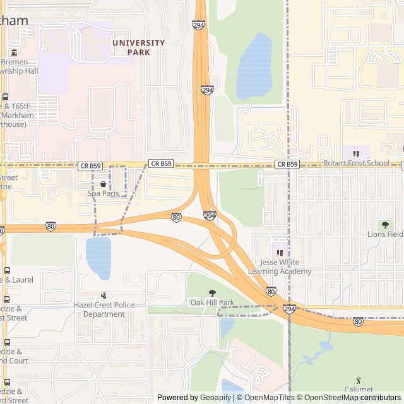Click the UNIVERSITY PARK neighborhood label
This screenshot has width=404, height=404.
tap(138, 47)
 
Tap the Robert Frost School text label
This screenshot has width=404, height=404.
tap(357, 163)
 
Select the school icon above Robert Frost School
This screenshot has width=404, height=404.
tap(356, 153)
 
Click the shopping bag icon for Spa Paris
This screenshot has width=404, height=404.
tap(103, 184)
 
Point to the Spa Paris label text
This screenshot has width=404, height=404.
tap(103, 193)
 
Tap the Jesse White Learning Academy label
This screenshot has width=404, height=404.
tap(280, 266)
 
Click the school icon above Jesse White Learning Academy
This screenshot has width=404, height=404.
tap(280, 252)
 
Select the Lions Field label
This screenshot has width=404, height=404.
tap(385, 234)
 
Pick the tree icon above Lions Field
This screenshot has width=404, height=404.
tap(385, 225)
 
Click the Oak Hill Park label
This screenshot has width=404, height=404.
tap(212, 302)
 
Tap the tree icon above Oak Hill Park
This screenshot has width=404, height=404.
tap(212, 293)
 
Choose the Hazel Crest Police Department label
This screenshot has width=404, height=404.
tap(104, 309)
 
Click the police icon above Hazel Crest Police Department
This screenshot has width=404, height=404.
tap(104, 295)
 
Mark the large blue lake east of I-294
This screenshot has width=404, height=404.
tap(254, 66)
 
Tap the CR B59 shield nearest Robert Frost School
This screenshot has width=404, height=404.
tap(287, 164)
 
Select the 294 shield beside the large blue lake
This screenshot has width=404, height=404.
tap(207, 90)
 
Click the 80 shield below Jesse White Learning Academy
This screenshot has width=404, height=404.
tap(271, 291)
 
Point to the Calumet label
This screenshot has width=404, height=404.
tap(359, 389)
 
